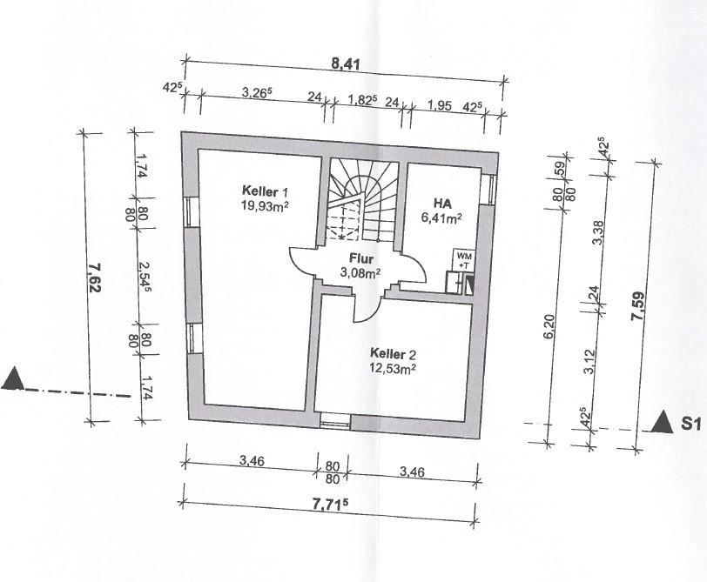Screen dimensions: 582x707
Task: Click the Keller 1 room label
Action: pos(264,191)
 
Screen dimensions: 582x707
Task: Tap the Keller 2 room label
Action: pos(393,355)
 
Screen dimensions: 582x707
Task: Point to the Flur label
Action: pos(360,258)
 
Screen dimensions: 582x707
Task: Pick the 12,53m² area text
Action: pos(393,369)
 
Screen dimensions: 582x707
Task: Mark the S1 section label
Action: pos(691,425)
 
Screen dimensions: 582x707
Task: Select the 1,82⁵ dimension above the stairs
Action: pos(361,101)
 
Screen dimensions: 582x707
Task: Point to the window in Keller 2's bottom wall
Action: pos(335,423)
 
